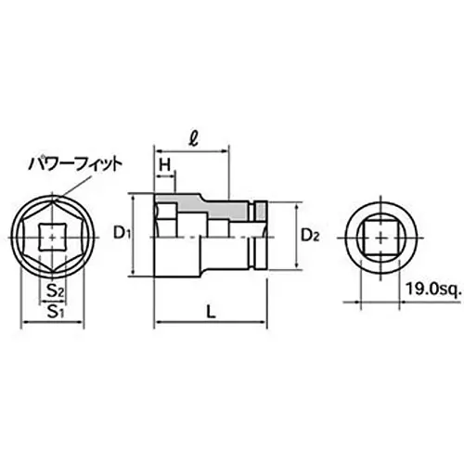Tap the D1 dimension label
(x=121, y=232)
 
